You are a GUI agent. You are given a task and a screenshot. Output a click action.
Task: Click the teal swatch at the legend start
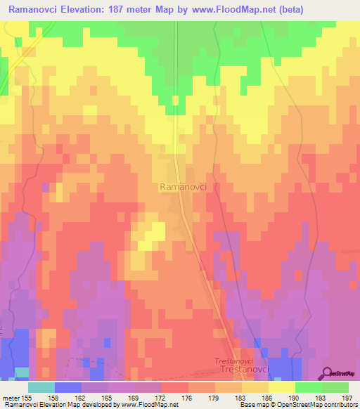point(41,387)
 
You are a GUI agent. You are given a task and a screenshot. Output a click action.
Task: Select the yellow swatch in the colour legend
point(281,387)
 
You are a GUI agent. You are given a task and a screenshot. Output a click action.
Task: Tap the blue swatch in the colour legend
point(68,387)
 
